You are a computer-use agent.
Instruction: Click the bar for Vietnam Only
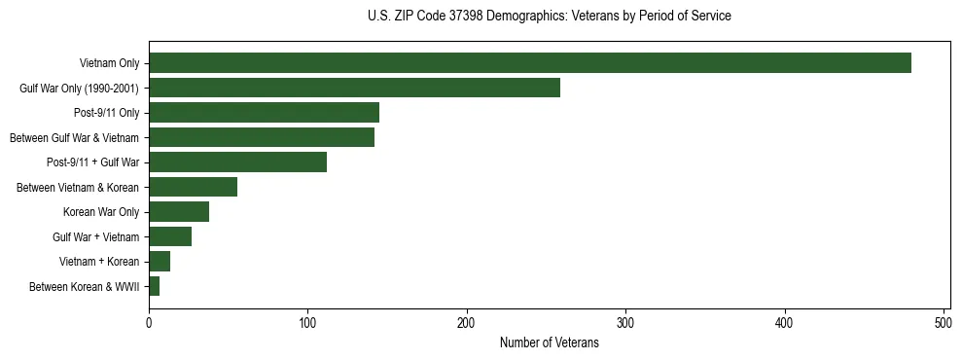coord(530,63)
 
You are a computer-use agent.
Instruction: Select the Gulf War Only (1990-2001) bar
coord(354,88)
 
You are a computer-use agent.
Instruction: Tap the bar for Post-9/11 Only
coord(264,113)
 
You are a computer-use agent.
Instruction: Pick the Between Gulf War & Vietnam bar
coord(262,137)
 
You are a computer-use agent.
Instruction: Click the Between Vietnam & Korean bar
coord(193,187)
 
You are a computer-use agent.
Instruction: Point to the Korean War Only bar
coord(179,212)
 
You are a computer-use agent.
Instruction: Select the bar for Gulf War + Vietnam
coord(170,236)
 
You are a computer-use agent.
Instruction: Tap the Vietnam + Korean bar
coord(160,262)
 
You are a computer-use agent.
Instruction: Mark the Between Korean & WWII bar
coord(155,286)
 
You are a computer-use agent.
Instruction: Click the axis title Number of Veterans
coord(549,342)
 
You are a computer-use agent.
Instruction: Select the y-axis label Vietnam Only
coord(109,64)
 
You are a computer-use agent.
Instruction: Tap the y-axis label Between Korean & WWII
coord(85,287)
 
